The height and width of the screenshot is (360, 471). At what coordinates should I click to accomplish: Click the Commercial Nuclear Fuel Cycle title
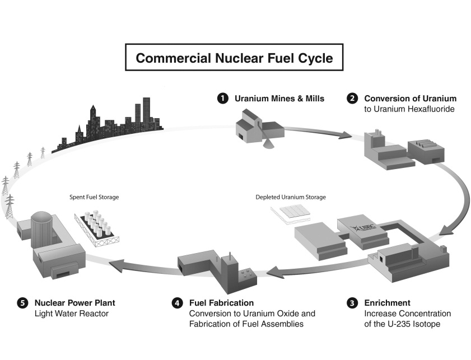click(x=234, y=58)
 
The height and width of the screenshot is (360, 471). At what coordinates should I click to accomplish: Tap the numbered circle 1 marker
click(x=223, y=99)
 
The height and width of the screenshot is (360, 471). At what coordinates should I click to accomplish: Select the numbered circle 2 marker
click(x=352, y=99)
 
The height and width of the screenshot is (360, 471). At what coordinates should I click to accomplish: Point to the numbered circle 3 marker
click(x=352, y=303)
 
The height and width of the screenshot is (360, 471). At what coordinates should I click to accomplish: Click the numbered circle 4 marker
click(x=177, y=303)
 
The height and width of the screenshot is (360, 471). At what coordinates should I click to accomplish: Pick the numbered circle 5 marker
click(x=22, y=303)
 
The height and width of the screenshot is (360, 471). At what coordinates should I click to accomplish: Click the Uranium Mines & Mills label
click(x=279, y=99)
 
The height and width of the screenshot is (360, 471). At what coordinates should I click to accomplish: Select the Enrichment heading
click(x=387, y=303)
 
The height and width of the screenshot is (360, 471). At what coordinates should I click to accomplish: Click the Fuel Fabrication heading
click(x=221, y=303)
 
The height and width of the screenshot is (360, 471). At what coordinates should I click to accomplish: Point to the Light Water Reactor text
click(x=72, y=314)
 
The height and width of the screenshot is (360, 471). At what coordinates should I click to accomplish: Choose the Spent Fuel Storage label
click(x=94, y=197)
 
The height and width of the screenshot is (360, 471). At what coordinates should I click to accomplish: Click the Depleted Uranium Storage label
click(x=291, y=197)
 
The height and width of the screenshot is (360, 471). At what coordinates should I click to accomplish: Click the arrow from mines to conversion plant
click(x=318, y=132)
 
